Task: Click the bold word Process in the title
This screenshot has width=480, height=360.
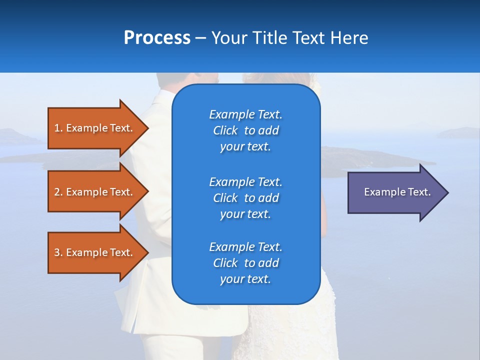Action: coord(157,38)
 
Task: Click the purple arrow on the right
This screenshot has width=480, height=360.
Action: coord(395,192)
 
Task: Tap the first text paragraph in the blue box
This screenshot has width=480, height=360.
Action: coord(245,130)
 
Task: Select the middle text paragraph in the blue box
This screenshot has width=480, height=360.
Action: coord(245,198)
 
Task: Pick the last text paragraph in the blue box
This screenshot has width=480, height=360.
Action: coord(245,263)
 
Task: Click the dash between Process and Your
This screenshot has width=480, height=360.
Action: coord(200,38)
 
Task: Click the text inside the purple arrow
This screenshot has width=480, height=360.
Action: coord(397,192)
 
